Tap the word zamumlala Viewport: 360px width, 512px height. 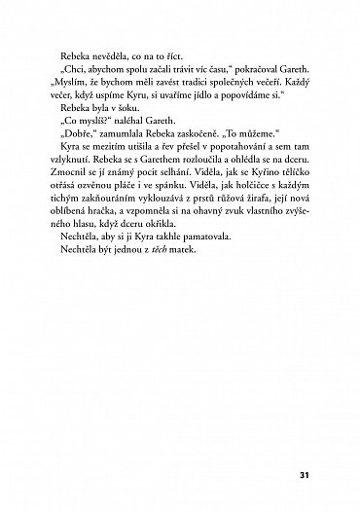click(122, 143)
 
